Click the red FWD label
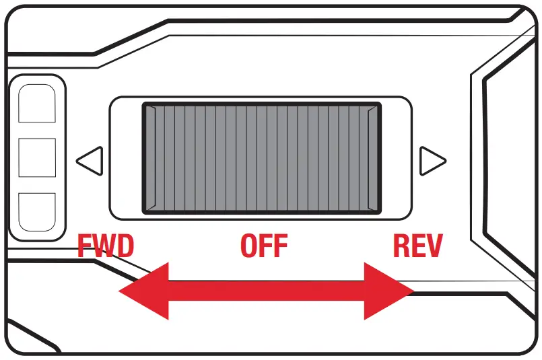(106, 246)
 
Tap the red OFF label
(264, 246)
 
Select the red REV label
(417, 246)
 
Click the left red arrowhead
(145, 290)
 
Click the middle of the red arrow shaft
(266, 290)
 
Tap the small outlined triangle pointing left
(89, 161)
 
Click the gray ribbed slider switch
(262, 158)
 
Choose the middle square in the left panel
(37, 157)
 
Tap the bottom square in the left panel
(37, 211)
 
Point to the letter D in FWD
(125, 246)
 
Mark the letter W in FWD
(104, 246)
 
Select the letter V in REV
(434, 246)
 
